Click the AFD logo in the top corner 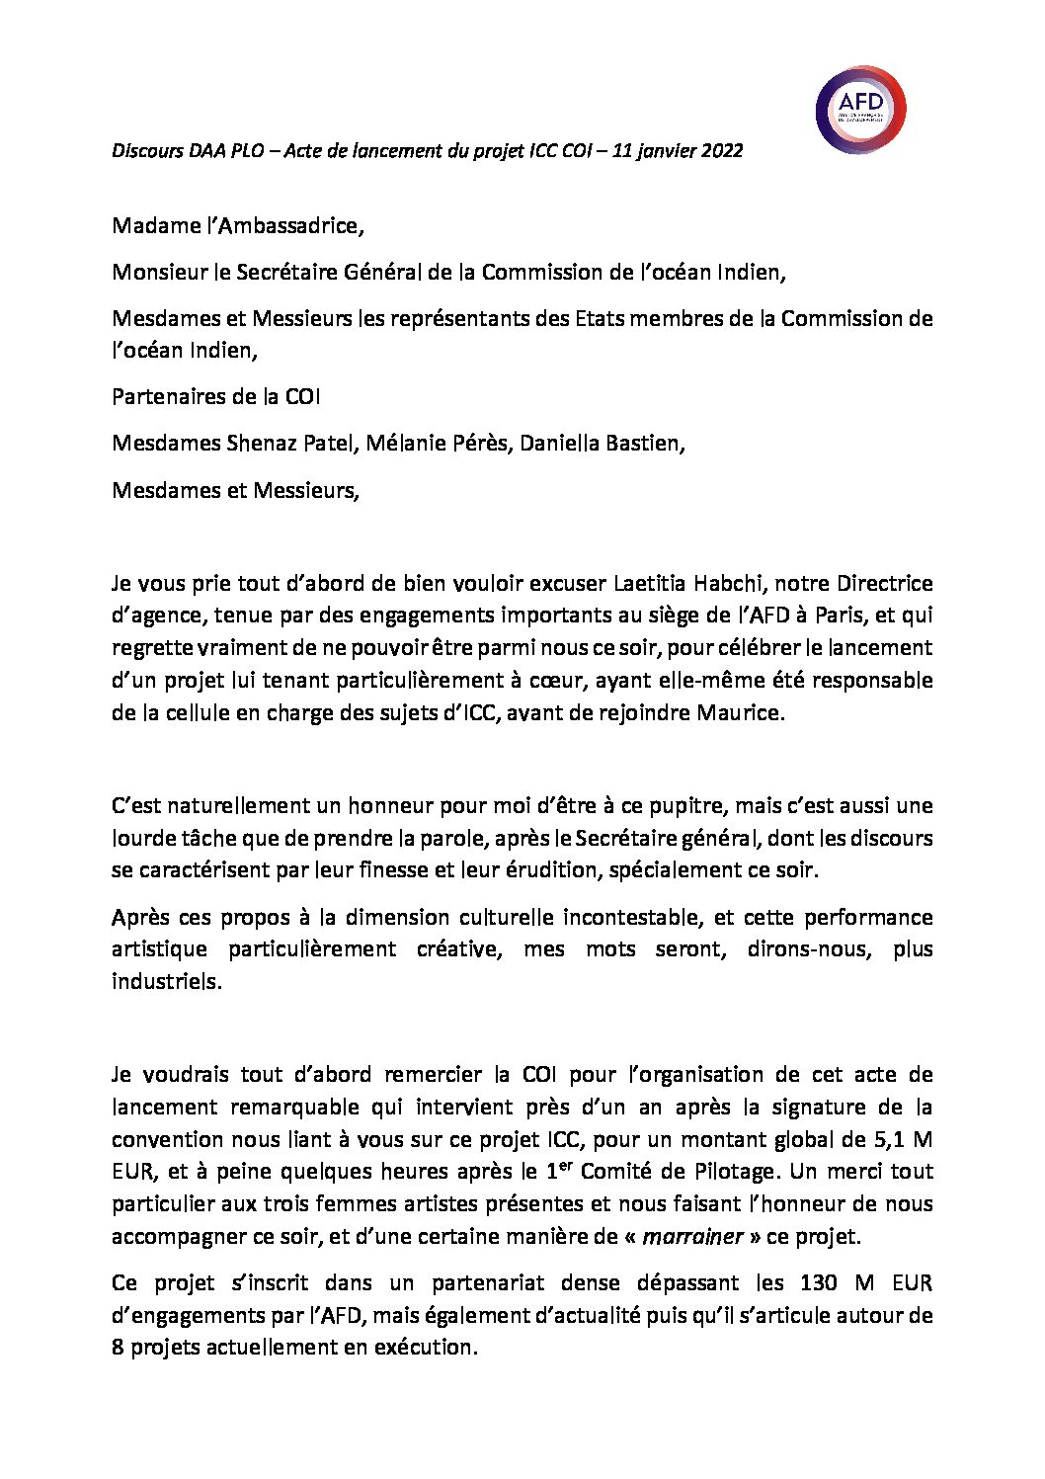click(860, 110)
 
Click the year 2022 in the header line click(722, 151)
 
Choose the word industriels click(166, 982)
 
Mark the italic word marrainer click(692, 1237)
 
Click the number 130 click(817, 1283)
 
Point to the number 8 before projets click(118, 1348)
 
